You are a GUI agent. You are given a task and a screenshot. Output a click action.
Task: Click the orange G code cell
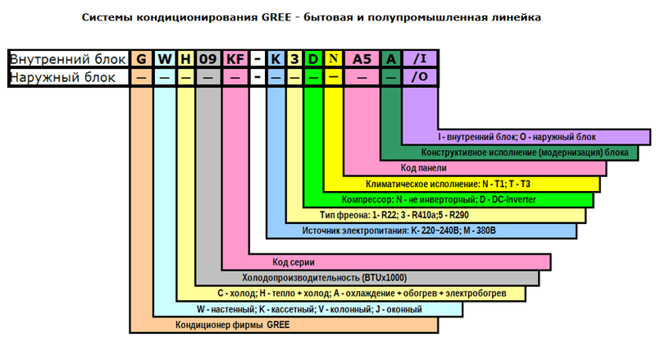[141, 58]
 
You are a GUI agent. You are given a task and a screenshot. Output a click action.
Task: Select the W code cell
[165, 58]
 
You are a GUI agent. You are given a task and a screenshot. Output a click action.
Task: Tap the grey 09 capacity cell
[208, 58]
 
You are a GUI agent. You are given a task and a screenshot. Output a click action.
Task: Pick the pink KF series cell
[235, 58]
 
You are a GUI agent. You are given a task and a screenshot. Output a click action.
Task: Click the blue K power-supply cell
[276, 58]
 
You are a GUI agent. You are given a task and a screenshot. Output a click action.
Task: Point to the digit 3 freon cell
[294, 58]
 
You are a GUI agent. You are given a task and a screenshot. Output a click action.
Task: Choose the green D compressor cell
[313, 58]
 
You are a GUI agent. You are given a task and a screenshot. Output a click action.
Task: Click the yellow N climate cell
[334, 58]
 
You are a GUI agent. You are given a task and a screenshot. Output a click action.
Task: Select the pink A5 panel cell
[362, 58]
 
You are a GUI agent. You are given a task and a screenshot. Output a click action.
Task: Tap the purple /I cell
[420, 58]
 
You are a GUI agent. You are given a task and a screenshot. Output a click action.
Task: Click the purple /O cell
[420, 76]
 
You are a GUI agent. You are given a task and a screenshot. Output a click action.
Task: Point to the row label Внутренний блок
[67, 59]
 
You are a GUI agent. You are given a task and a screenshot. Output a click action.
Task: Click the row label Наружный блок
[62, 77]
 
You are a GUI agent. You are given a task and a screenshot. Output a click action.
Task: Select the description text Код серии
[294, 262]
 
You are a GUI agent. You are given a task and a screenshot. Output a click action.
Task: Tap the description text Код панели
[423, 168]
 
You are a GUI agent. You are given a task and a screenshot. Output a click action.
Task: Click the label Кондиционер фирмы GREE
[233, 325]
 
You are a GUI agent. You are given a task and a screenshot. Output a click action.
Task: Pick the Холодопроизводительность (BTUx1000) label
[324, 277]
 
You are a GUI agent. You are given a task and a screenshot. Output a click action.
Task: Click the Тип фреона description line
[394, 215]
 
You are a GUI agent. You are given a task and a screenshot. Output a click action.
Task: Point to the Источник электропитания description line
[399, 230]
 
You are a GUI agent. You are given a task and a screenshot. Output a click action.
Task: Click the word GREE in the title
[276, 17]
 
